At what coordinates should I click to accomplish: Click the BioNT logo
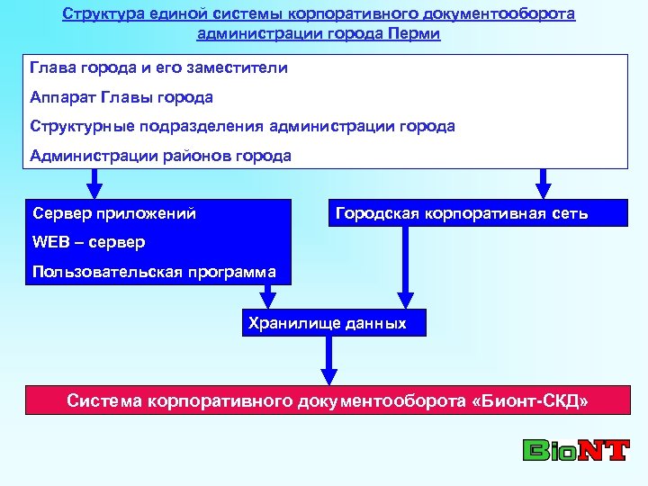click(x=575, y=449)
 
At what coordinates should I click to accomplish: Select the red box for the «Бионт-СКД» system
click(x=328, y=400)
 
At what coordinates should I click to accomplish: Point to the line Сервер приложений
click(x=114, y=214)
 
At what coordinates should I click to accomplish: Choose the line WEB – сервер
click(x=88, y=242)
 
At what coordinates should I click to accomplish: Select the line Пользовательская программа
click(x=154, y=271)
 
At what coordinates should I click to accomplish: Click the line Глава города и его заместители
click(x=158, y=68)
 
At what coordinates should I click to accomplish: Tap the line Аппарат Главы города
click(x=121, y=97)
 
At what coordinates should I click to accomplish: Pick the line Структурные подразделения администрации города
click(x=242, y=126)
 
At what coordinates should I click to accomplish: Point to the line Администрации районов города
click(x=160, y=155)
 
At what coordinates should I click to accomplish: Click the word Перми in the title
click(x=417, y=34)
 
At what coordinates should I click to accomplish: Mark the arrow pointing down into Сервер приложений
click(x=94, y=184)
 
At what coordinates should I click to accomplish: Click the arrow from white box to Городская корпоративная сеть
click(x=542, y=184)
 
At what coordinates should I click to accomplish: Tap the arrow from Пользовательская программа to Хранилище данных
click(x=269, y=297)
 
